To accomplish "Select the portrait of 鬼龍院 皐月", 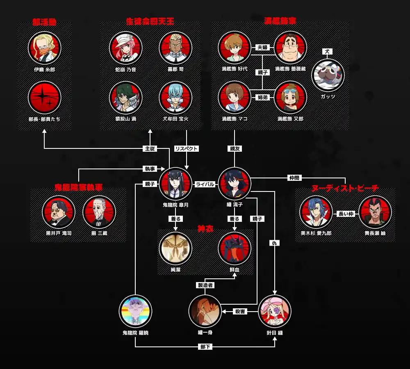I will tap(175, 184).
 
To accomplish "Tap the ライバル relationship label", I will tap(205, 184).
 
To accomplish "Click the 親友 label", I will tap(235, 149).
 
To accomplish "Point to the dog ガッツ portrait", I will tap(328, 75).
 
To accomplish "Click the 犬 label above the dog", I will tap(327, 52).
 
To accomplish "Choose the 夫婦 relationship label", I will tap(262, 48).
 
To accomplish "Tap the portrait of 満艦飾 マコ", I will tap(234, 97).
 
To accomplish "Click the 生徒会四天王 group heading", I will tap(150, 21).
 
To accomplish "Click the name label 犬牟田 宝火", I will tap(175, 119).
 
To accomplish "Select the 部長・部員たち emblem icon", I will tap(45, 97).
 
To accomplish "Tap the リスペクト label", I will tap(186, 149).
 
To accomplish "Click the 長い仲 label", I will tap(345, 213).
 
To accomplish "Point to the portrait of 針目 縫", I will tap(275, 311).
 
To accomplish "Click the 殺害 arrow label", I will tap(240, 312).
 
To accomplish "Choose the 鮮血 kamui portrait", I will tap(234, 248).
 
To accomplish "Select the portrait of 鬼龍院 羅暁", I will tap(135, 311).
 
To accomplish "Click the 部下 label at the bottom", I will tap(205, 347).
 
